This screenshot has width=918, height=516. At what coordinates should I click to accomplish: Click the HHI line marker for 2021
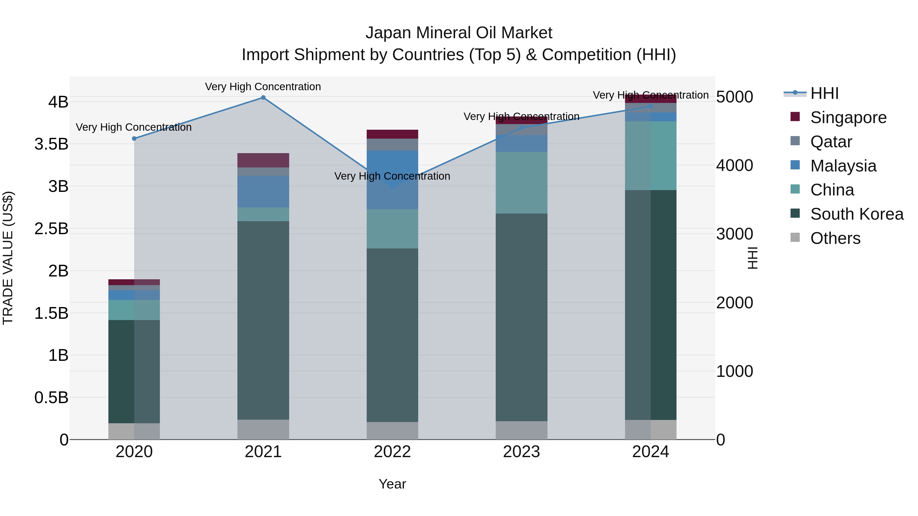coord(263,98)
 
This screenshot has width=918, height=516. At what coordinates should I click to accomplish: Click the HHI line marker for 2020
coord(134,139)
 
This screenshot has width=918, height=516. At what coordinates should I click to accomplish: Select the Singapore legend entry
coord(848,117)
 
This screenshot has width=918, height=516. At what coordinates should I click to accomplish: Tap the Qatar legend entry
coord(831,142)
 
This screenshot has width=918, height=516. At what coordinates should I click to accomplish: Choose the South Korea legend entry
coord(857,214)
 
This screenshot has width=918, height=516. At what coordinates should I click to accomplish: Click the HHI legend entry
coord(824,93)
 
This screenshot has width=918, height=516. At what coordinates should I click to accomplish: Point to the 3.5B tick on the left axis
coord(51,144)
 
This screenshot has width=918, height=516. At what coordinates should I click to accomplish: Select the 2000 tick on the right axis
coord(734,303)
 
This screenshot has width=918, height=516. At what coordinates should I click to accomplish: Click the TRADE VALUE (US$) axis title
coord(8,258)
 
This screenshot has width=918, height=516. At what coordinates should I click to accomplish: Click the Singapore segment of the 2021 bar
coord(263,160)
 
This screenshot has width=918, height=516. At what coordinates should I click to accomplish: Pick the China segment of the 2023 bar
coord(521,183)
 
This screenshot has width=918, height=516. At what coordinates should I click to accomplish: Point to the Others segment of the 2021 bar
coord(263,429)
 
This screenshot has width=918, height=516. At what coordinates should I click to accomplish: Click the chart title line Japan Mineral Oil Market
coord(459,33)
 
